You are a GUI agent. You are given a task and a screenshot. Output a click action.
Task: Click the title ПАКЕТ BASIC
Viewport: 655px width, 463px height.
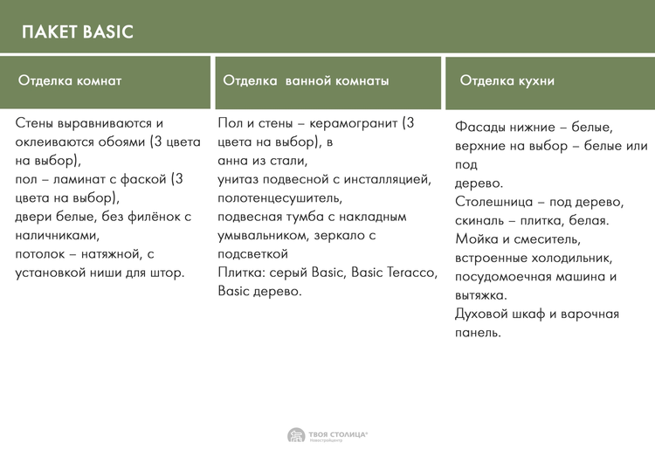pos(77,31)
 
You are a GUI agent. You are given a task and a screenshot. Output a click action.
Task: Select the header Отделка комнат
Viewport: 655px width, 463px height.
pos(70,80)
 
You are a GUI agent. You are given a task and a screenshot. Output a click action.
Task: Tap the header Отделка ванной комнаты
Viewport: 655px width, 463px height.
pos(306,80)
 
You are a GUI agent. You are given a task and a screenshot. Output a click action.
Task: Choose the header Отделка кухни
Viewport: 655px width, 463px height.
pos(507,80)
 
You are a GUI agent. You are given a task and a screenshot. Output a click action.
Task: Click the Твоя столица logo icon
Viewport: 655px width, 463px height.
pos(296,435)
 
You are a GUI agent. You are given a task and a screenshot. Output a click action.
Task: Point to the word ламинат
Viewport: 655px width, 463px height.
pos(79,179)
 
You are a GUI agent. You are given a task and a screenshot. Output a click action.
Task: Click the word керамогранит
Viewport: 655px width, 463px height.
pos(354,123)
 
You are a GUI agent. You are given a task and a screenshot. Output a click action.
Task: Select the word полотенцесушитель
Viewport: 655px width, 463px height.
pos(279,197)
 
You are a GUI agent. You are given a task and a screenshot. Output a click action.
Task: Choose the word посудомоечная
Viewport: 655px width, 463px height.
pos(502,277)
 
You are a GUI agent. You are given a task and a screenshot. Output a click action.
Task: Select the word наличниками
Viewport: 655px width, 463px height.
pos(58,236)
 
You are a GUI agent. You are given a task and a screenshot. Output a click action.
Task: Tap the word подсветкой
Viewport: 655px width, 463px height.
pos(252,254)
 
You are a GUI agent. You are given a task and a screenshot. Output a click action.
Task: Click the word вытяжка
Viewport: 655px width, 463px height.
pos(481,295)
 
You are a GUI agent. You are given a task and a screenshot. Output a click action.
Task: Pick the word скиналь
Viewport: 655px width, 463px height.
pos(479,221)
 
